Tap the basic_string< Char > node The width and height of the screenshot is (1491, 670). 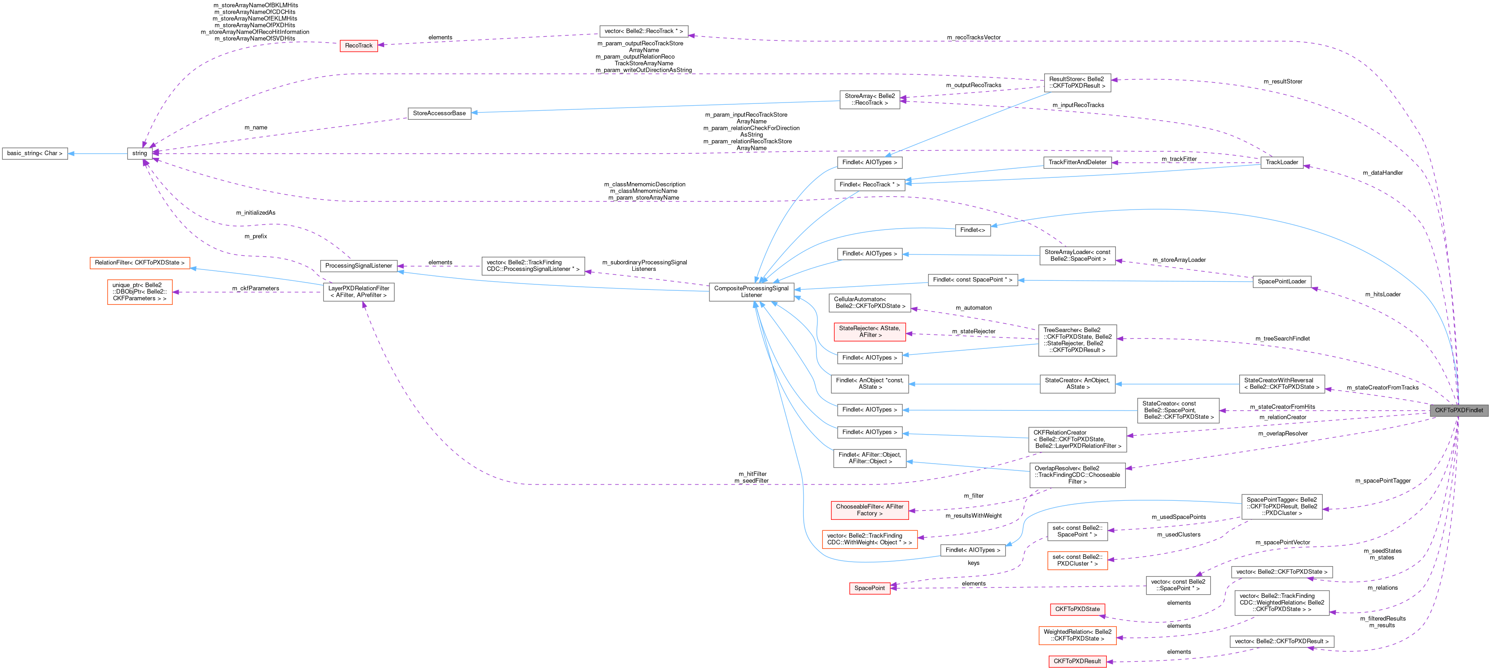tap(35, 153)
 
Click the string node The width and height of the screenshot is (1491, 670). tap(140, 153)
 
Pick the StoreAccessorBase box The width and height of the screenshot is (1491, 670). tap(439, 113)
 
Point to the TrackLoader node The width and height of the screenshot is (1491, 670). tap(1281, 162)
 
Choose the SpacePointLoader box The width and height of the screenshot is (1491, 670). tap(1281, 282)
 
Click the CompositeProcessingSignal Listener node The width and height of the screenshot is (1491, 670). tap(751, 292)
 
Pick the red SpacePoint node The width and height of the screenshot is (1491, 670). tap(870, 588)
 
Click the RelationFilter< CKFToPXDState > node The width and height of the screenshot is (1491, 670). tap(140, 263)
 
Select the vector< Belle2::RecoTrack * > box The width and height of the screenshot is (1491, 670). tap(643, 31)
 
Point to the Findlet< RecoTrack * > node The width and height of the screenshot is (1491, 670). tap(870, 185)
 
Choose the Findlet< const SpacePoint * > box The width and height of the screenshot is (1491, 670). tap(973, 280)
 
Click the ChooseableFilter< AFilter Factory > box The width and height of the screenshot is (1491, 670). tap(870, 510)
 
